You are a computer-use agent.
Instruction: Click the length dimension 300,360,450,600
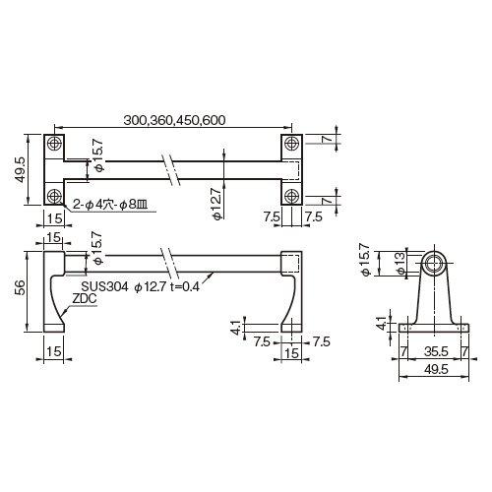(174, 120)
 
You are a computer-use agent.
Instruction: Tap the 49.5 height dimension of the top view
(20, 169)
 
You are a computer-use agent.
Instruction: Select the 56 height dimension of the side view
(20, 287)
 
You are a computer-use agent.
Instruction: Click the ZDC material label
(85, 298)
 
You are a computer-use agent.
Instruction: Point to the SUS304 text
(104, 286)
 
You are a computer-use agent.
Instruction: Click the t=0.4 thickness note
(185, 287)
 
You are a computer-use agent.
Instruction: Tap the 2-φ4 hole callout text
(109, 206)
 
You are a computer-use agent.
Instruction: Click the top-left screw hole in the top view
(54, 143)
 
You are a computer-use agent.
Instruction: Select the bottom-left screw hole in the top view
(54, 197)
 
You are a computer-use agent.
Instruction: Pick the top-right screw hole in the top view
(290, 143)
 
